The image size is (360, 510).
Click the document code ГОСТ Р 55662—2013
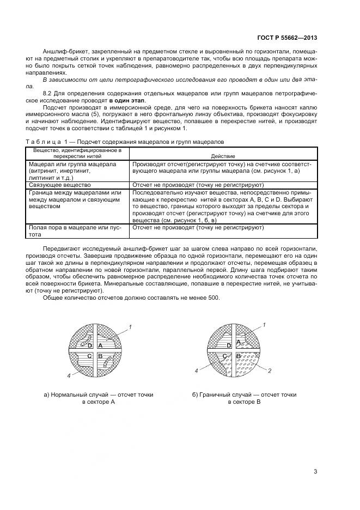pyautogui.click(x=286, y=38)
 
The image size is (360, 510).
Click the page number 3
pyautogui.click(x=315, y=471)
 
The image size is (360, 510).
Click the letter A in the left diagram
pyautogui.click(x=100, y=345)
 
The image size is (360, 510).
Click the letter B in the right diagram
pyautogui.click(x=239, y=356)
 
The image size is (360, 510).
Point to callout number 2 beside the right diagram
pyautogui.click(x=270, y=371)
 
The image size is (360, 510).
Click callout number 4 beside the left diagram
pyautogui.click(x=68, y=376)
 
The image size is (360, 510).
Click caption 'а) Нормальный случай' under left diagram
pyautogui.click(x=99, y=394)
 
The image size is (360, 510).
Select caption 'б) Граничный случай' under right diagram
pyautogui.click(x=244, y=394)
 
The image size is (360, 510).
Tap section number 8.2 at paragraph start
pyautogui.click(x=47, y=93)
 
